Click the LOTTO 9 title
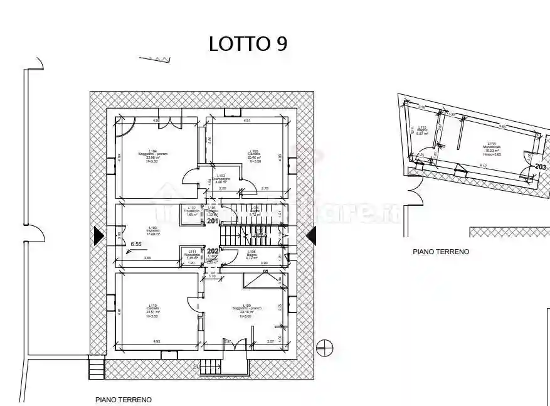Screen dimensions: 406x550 pos(248,43)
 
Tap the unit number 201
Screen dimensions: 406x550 pos(213,220)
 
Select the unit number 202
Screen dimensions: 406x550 pos(213,251)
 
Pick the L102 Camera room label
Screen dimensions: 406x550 pos(253,154)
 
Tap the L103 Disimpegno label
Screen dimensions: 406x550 pos(220,179)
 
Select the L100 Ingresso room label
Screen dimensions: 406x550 pos(153,230)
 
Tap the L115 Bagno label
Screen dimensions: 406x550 pos(421,131)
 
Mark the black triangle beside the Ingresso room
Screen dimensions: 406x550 pos(98,236)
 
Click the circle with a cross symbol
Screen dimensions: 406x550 pos(325,346)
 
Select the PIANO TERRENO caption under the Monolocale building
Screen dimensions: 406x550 pos(441,252)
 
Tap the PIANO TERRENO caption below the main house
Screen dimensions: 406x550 pos(123,399)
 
